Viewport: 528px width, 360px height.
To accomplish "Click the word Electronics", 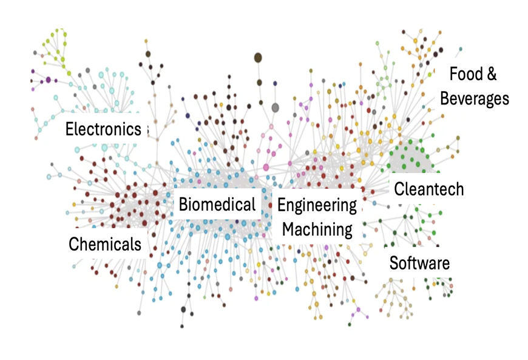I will [103, 129].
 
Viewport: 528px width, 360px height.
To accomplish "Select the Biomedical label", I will [217, 205].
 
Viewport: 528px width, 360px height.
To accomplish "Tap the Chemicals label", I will [105, 244].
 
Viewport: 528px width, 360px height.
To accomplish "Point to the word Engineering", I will [317, 205].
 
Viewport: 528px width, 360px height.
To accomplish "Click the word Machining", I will [317, 229].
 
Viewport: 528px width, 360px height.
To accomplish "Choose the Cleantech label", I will [428, 189].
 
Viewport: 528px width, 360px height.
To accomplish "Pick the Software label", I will [419, 263].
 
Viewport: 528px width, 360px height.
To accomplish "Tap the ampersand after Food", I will [491, 74].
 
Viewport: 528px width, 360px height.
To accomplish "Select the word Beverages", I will [474, 98].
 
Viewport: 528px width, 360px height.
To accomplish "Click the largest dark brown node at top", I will [258, 58].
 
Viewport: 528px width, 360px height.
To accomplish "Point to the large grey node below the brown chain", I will [275, 107].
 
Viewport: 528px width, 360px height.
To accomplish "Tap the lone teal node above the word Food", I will [460, 49].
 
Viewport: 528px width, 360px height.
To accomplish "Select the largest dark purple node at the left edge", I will [48, 80].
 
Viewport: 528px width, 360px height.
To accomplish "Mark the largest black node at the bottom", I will [183, 310].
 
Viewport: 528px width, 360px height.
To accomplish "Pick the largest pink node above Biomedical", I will [266, 166].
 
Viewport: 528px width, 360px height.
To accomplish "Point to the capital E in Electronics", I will [70, 129].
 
